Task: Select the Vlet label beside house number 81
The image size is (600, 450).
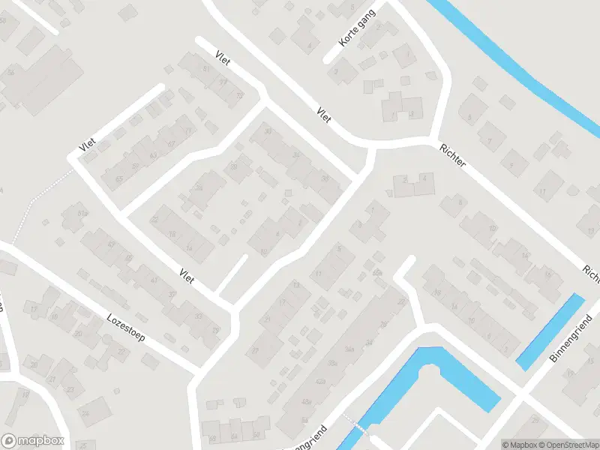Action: (222, 59)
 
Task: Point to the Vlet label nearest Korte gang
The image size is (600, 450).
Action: (324, 115)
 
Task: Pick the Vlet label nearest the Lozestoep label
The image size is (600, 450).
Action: (187, 275)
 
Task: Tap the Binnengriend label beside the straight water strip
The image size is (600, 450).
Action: (571, 340)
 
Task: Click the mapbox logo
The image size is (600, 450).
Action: (33, 441)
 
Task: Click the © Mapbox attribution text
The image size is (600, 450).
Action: (518, 444)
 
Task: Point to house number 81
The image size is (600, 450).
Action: (206, 69)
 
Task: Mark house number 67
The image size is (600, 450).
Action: (172, 143)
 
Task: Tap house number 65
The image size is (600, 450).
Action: (120, 178)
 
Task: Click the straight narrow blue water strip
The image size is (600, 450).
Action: (550, 331)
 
